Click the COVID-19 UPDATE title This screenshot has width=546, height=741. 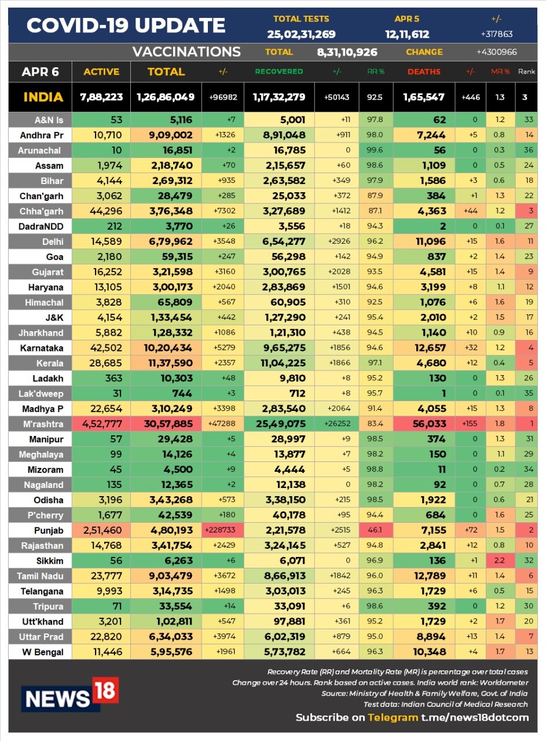[126, 25]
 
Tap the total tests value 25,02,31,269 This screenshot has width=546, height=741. [301, 34]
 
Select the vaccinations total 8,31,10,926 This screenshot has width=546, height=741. [347, 52]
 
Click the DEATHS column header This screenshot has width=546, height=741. [424, 71]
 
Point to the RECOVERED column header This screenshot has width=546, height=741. [279, 71]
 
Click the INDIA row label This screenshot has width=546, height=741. [43, 97]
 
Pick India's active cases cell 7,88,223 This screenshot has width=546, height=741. [101, 97]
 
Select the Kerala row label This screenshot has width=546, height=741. [50, 363]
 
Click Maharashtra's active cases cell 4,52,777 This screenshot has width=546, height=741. [102, 424]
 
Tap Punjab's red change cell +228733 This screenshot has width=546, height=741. [223, 530]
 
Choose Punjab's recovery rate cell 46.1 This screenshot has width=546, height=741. [376, 530]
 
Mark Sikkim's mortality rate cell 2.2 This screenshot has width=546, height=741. [500, 561]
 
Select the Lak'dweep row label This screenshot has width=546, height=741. [41, 394]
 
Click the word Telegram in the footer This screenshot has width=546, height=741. [393, 717]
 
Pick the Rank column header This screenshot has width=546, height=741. [526, 71]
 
